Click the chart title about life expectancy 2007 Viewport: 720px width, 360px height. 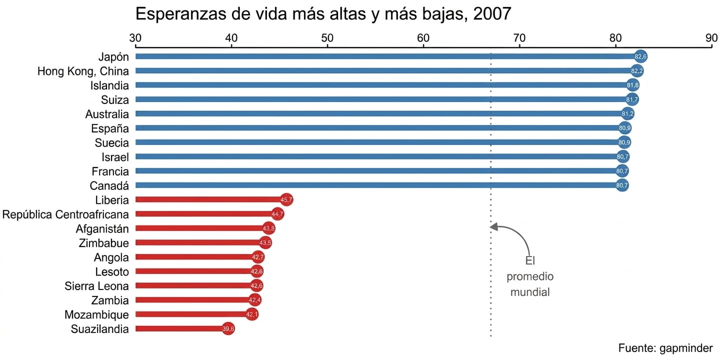click(x=323, y=14)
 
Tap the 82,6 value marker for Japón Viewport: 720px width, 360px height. click(x=640, y=56)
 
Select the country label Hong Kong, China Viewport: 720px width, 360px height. click(x=83, y=71)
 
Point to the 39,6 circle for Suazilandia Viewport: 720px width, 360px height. click(x=228, y=328)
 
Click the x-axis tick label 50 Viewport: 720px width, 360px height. click(x=327, y=38)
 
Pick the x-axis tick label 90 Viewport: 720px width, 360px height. click(x=711, y=38)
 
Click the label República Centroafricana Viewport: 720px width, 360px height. click(x=65, y=214)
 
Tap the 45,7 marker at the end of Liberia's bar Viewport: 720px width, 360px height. click(x=286, y=199)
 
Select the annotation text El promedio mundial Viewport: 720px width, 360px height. click(x=530, y=276)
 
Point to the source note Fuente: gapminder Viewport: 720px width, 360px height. click(x=665, y=348)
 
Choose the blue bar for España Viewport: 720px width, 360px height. click(x=380, y=128)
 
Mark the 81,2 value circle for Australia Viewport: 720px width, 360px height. click(x=627, y=114)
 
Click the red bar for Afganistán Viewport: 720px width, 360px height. click(x=202, y=228)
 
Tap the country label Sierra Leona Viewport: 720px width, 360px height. click(x=96, y=286)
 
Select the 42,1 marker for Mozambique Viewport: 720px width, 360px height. click(x=251, y=314)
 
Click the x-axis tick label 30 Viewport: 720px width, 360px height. click(x=135, y=38)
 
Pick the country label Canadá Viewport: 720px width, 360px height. click(x=109, y=186)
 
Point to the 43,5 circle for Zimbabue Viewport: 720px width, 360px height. click(x=265, y=242)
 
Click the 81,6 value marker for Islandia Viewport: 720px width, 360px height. click(x=632, y=85)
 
